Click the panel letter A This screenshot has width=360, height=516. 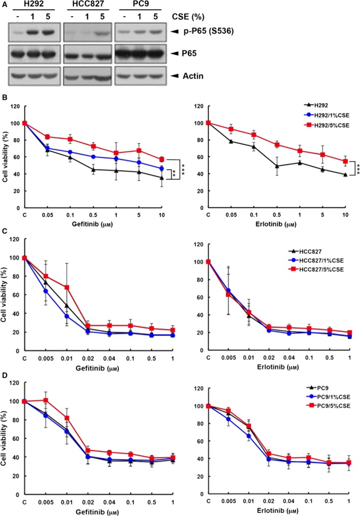click(4, 5)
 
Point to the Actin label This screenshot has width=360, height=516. click(193, 76)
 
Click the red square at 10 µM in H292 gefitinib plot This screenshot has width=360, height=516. click(161, 159)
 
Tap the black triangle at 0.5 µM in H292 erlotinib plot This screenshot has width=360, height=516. click(277, 166)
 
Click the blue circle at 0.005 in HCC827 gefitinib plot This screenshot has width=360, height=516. click(45, 291)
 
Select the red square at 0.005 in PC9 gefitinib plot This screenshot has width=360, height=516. click(46, 400)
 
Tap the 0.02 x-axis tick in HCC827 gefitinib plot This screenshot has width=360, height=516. click(88, 358)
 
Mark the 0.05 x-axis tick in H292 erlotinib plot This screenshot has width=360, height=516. click(232, 215)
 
